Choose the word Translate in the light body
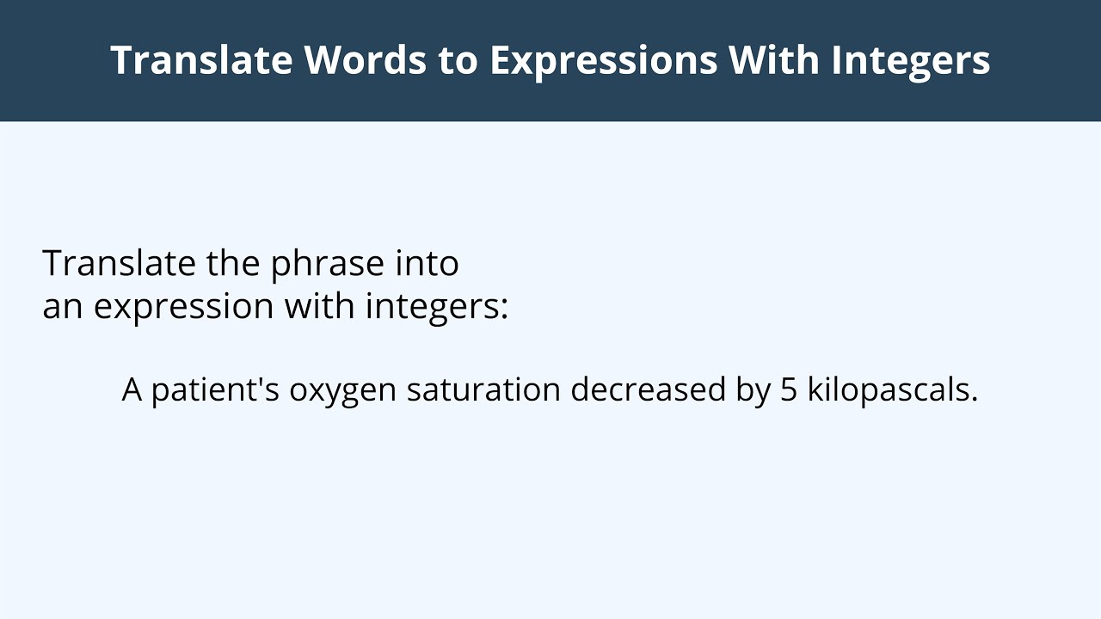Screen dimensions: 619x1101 tap(120, 263)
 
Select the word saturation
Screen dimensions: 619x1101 tap(483, 390)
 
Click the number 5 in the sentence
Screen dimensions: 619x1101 tap(789, 390)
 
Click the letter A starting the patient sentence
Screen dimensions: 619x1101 tap(132, 390)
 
